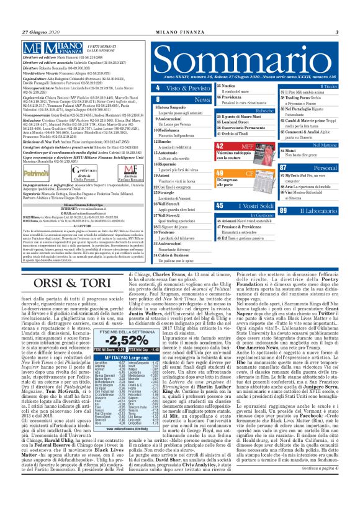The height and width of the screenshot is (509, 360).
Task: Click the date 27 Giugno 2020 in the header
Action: (38, 32)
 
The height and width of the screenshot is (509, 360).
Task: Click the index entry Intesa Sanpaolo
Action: (173, 106)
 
